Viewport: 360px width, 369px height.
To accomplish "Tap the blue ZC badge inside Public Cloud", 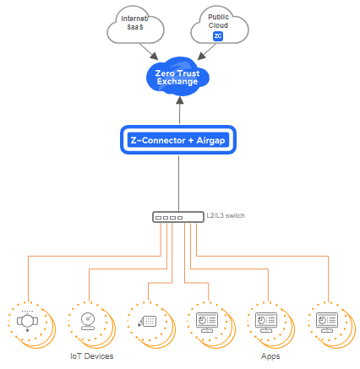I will point(218,36).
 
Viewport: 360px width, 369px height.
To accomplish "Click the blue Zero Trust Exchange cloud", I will point(177,79).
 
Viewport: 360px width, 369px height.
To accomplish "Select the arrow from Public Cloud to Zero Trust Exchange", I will point(202,53).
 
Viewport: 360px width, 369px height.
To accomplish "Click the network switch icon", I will point(177,217).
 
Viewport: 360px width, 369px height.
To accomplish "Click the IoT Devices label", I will point(91,356).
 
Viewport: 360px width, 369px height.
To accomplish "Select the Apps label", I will point(270,356).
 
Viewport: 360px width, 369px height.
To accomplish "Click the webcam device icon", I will point(87,322).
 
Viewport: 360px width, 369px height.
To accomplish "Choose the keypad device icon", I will point(147,322).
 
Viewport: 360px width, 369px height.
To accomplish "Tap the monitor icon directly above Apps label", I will point(264,322).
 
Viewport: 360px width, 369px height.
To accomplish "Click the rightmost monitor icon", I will point(325,322).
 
